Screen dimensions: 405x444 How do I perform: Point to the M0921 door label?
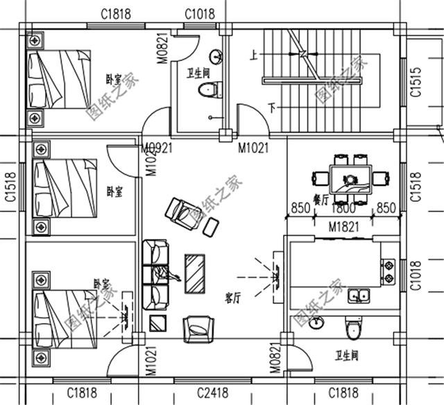click(x=157, y=147)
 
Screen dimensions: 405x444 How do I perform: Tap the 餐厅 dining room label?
click(x=320, y=198)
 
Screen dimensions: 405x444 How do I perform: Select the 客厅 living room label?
click(x=232, y=298)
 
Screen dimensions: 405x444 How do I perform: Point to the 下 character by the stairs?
click(x=272, y=107)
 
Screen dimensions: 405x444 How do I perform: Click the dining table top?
click(x=352, y=178)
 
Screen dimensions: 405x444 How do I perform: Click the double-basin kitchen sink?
click(x=359, y=295)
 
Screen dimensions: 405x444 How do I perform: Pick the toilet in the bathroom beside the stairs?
click(x=207, y=89)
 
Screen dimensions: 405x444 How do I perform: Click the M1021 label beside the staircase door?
click(x=254, y=147)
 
